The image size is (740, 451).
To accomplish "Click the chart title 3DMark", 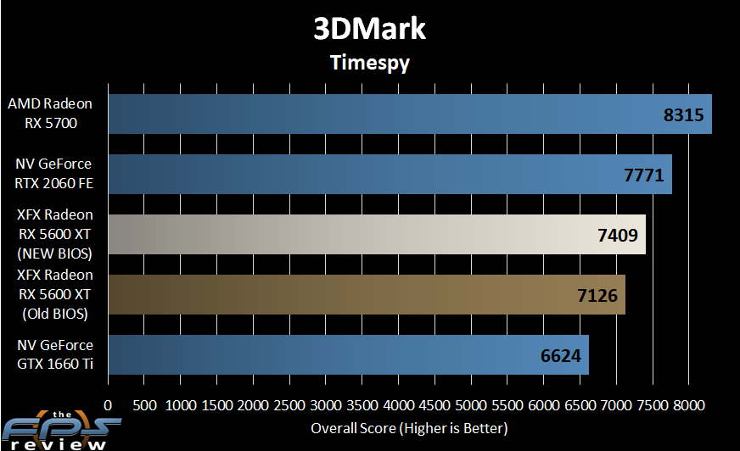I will pyautogui.click(x=369, y=29).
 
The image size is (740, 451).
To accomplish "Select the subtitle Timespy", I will pyautogui.click(x=369, y=62).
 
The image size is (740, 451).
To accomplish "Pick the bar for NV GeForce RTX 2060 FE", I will pyautogui.click(x=390, y=174).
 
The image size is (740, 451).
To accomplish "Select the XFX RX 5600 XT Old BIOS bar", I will pyautogui.click(x=366, y=294).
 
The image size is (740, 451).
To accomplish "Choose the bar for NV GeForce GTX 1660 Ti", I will pyautogui.click(x=348, y=354).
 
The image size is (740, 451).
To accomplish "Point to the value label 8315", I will pyautogui.click(x=683, y=114).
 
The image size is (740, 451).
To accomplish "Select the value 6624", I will pyautogui.click(x=560, y=355).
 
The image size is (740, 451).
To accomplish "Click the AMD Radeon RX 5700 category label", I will pyautogui.click(x=50, y=114).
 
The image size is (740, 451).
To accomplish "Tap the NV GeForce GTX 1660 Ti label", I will pyautogui.click(x=54, y=354).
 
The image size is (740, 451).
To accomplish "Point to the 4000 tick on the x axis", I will pyautogui.click(x=399, y=404).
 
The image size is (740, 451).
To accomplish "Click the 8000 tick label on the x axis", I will pyautogui.click(x=689, y=404).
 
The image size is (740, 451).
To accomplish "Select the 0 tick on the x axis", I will pyautogui.click(x=108, y=404).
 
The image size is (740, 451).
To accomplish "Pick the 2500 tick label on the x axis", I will pyautogui.click(x=289, y=404).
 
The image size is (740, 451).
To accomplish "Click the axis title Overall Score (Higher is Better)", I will pyautogui.click(x=409, y=427).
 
